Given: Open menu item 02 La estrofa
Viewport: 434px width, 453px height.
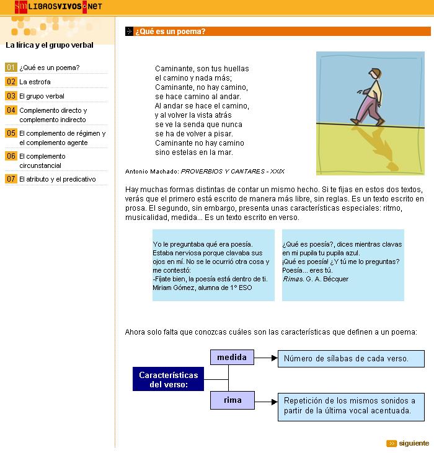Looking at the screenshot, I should click(35, 82).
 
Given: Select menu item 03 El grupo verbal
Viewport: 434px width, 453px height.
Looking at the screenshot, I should click(42, 96).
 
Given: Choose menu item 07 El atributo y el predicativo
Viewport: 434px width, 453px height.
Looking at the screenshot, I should click(57, 179).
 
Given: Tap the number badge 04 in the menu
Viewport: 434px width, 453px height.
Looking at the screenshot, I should click(11, 110).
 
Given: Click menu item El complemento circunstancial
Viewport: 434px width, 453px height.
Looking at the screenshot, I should click(42, 161).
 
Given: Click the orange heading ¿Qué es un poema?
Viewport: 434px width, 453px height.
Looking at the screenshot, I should click(170, 32).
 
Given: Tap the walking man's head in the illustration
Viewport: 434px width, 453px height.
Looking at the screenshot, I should click(374, 73).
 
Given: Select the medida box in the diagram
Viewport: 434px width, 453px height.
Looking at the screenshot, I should click(232, 358).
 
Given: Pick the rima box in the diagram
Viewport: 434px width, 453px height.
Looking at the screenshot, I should click(232, 400).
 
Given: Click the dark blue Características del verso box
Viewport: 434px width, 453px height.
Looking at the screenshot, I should click(168, 379).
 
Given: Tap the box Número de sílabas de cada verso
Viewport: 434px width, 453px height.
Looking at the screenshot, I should click(350, 359).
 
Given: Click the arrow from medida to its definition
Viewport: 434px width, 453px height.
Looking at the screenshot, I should click(265, 358).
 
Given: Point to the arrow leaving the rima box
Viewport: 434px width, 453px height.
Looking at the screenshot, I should click(265, 400).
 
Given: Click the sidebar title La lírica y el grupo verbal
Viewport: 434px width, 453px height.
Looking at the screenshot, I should click(50, 45).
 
